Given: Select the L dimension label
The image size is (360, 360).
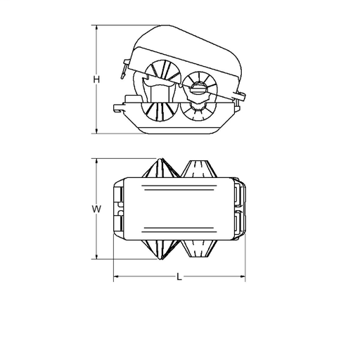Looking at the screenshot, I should [179, 277].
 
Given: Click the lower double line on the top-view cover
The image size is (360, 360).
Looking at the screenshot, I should [179, 229].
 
